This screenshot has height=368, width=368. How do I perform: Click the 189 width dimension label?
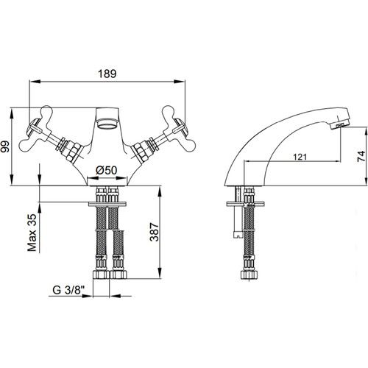(107, 74)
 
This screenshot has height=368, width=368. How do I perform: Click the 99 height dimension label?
(5, 146)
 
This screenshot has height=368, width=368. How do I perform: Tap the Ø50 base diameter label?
(107, 170)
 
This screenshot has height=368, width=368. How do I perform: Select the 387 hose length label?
(155, 232)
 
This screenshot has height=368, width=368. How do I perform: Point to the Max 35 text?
(32, 233)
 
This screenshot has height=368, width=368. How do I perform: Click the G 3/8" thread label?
(68, 290)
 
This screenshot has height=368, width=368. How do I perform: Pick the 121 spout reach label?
(300, 157)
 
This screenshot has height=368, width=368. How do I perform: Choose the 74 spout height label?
(361, 156)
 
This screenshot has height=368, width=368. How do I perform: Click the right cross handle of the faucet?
(179, 128)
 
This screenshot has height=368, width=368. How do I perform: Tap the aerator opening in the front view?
(107, 123)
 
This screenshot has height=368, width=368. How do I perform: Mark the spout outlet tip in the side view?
(340, 125)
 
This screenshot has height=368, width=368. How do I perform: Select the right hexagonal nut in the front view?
(141, 151)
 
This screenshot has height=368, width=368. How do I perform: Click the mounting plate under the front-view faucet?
(107, 204)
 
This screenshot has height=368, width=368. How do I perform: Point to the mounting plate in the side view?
(246, 204)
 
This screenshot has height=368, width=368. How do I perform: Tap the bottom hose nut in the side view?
(249, 275)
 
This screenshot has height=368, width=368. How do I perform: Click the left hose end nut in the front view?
(101, 275)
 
